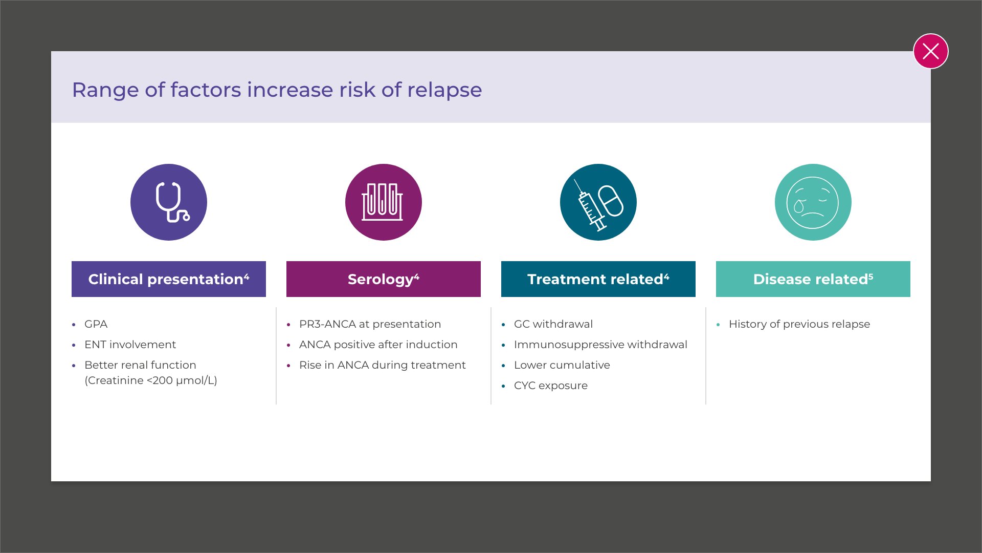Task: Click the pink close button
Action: [930, 51]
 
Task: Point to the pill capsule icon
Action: [611, 200]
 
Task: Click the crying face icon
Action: [813, 202]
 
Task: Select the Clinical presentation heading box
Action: [169, 279]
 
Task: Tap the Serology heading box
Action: [384, 279]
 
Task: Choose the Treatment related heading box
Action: [598, 279]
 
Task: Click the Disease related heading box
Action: [813, 279]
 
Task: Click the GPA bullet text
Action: [96, 324]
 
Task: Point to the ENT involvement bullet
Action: [130, 345]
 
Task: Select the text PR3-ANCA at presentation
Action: [370, 324]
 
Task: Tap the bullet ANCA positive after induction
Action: [378, 345]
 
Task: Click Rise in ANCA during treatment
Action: [382, 365]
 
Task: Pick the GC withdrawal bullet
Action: [553, 324]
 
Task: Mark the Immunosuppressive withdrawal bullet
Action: [600, 345]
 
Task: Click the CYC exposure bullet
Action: [551, 386]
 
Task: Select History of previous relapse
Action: [799, 324]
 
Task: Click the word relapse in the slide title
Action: [444, 91]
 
